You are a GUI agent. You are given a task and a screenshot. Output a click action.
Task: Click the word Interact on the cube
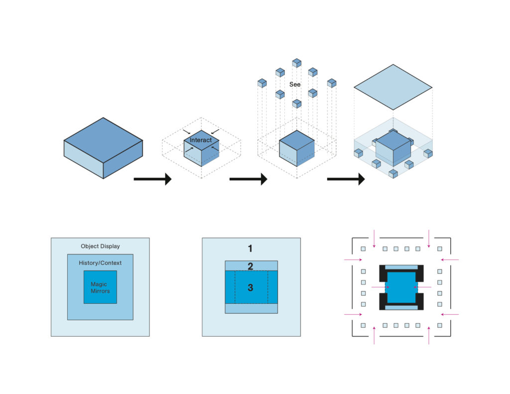point(201,140)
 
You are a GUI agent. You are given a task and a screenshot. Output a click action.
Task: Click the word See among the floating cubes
point(295,85)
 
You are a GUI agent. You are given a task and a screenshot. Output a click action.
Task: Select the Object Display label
point(100,246)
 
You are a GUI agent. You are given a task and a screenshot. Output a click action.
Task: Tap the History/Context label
point(100,263)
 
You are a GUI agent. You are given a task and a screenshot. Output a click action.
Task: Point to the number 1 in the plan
point(251,248)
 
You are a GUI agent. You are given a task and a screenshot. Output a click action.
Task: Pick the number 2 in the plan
point(251,265)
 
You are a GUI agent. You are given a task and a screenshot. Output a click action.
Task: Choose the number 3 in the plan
point(251,287)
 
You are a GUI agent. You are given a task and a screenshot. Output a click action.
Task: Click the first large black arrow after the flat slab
point(152,179)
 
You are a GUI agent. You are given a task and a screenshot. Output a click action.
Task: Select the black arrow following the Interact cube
point(248,179)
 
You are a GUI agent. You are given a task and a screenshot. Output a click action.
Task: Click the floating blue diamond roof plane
point(393,87)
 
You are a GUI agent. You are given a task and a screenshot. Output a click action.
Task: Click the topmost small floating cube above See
point(297,63)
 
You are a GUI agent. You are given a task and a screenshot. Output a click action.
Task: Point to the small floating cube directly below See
point(297,104)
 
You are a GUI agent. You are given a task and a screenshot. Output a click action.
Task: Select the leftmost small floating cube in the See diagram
point(262,83)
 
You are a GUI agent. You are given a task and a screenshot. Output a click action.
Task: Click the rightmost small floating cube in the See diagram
point(332,83)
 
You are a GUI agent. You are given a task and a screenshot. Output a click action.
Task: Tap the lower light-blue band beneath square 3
point(251,308)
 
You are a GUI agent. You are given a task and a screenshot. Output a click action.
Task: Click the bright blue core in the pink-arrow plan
point(401,287)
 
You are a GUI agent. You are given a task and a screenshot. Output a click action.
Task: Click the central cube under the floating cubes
point(297,148)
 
